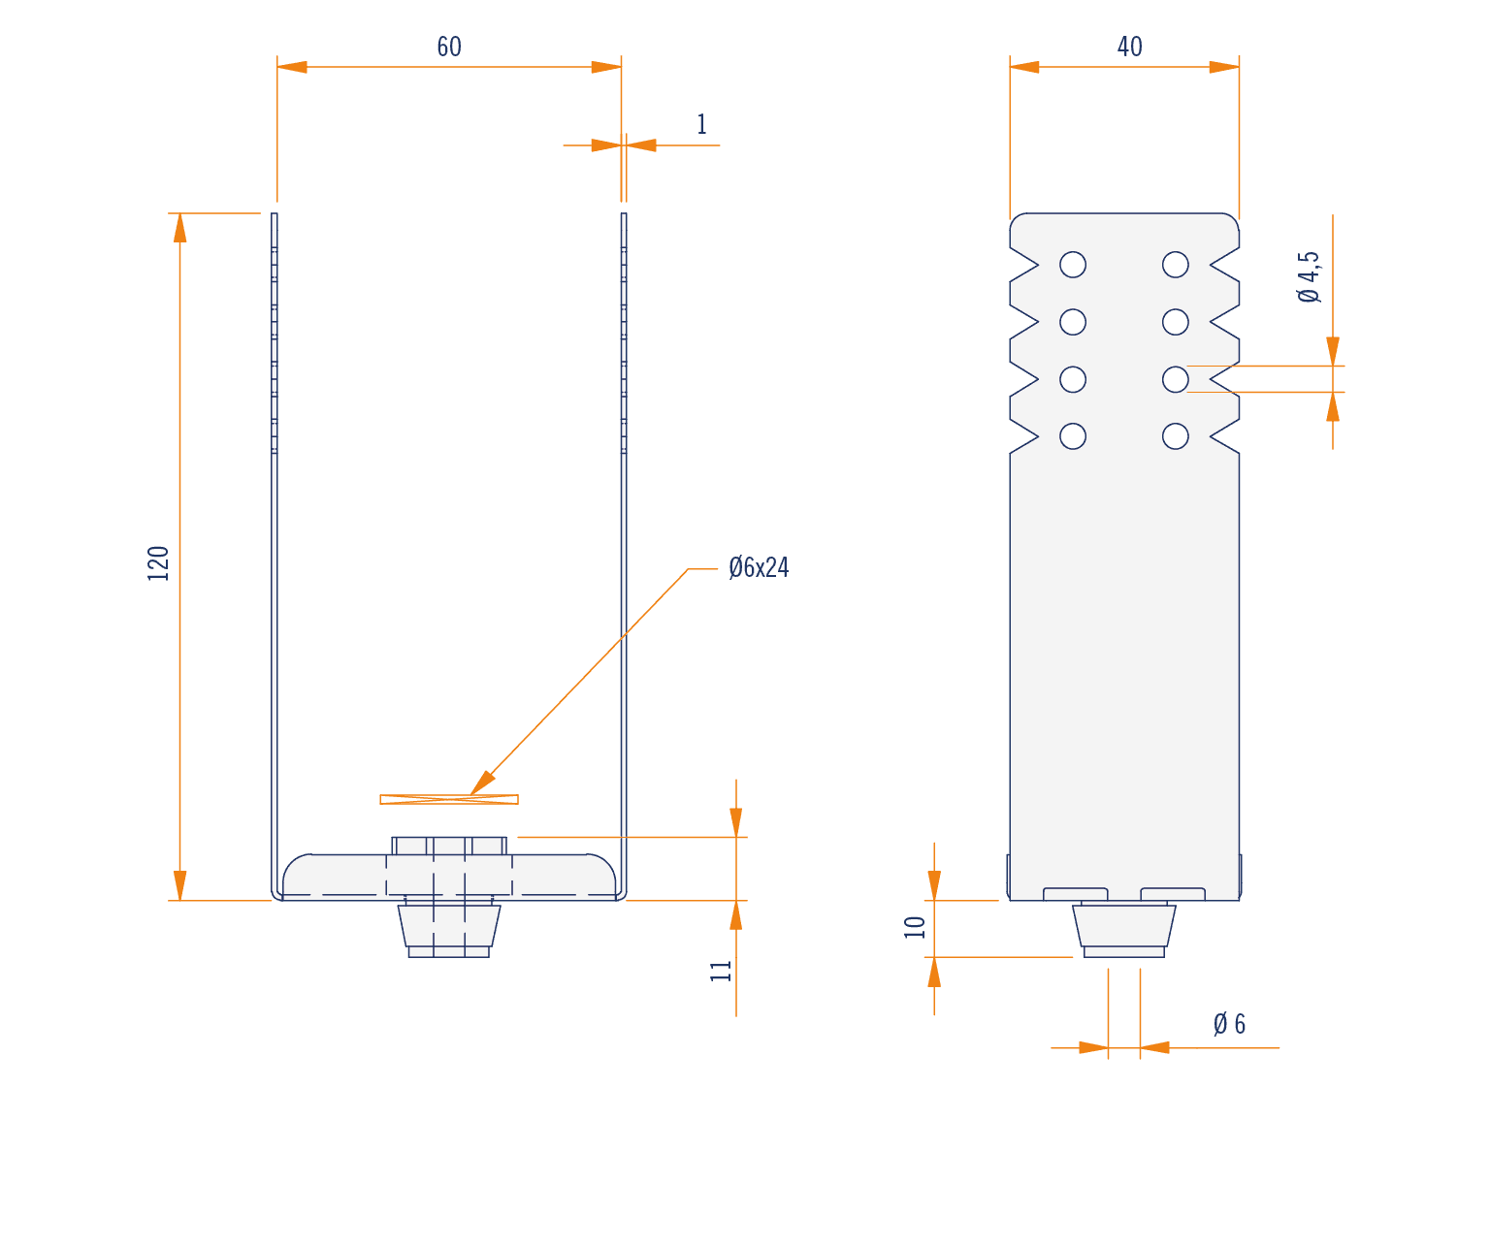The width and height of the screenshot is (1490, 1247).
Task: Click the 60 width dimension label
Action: pos(449,48)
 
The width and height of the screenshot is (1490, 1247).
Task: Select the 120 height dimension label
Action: pos(158,563)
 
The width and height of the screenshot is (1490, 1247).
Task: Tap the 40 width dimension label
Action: pos(1130,48)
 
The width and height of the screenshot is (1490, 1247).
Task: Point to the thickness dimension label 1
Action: pos(702,124)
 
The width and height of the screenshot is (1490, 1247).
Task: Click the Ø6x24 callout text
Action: pos(759,567)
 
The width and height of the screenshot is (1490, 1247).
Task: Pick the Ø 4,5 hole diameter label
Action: pos(1308,276)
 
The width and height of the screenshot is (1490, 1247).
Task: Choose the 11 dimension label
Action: pos(721,971)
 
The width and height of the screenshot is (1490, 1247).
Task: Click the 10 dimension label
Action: pos(914,927)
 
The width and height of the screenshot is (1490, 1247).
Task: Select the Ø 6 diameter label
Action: pos(1229,1024)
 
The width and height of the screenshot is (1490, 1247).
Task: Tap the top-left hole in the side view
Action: pos(1073,265)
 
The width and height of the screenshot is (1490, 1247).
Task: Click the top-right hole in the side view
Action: pos(1176,265)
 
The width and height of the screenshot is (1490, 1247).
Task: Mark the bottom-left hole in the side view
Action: pos(1073,436)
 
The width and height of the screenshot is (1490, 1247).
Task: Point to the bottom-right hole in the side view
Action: pos(1176,436)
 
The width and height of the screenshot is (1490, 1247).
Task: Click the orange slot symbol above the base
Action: pos(449,799)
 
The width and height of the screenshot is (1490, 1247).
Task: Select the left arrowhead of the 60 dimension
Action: pos(292,67)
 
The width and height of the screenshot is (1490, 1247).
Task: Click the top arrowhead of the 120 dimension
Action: pos(179,228)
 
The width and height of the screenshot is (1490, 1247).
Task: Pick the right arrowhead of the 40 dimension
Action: pos(1224,67)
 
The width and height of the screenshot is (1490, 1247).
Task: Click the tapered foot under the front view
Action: pos(449,930)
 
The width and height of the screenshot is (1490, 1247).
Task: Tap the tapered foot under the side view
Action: pos(1124,930)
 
